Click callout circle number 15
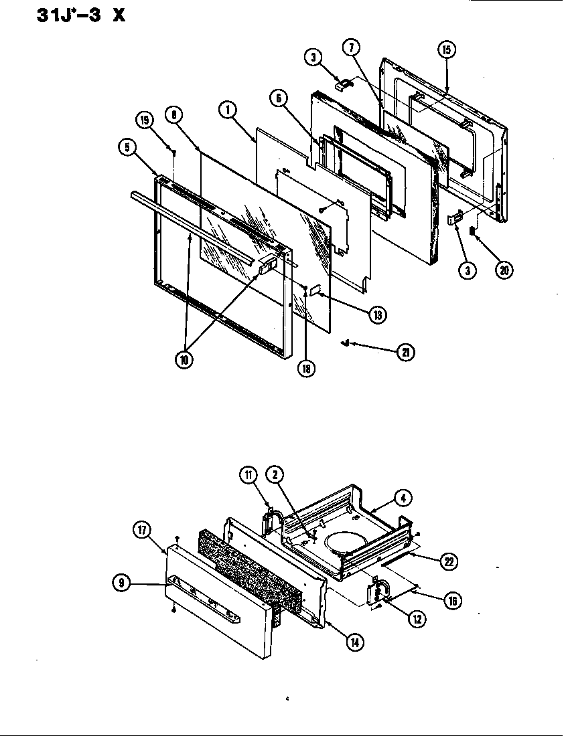pos(447,50)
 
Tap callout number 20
pos(504,270)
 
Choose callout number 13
pos(379,314)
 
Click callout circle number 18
pos(307,369)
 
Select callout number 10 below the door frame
pos(184,359)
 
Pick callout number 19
pos(144,120)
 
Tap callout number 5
pos(129,149)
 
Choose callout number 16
pos(452,600)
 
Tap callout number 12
pos(417,619)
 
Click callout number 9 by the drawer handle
pos(121,583)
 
